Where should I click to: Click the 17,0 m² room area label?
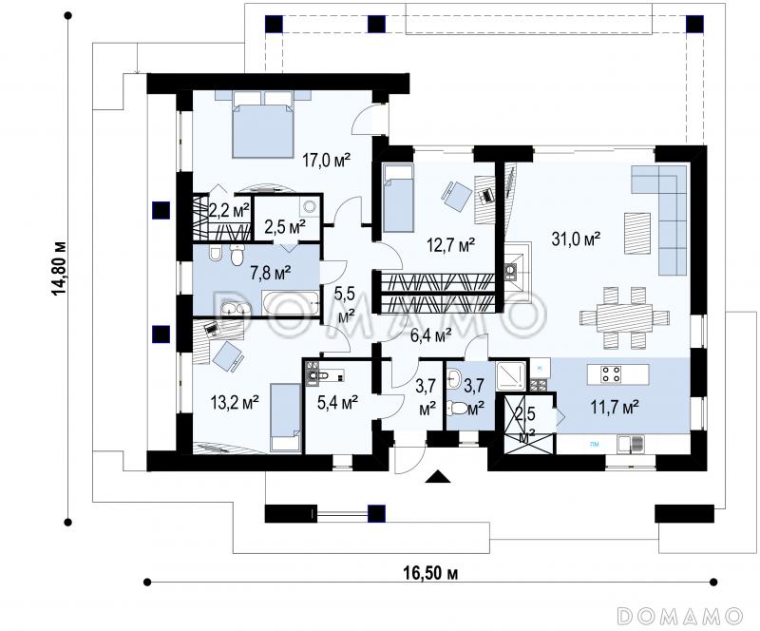pos(326,160)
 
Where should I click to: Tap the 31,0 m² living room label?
pos(577,239)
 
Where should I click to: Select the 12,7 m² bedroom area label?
pos(450,245)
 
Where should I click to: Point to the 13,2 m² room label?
pos(235,402)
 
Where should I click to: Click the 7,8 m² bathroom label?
pos(271,274)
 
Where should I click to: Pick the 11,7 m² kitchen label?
pos(614,407)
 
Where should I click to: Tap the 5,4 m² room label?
pos(337,402)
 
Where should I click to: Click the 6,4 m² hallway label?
pos(431,335)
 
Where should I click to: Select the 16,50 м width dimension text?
pos(430,573)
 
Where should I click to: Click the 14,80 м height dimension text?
pos(58,268)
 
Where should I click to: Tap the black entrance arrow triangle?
pos(439,477)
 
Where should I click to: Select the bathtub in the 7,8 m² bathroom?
pos(291,302)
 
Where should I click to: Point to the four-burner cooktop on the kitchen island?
pos(611,374)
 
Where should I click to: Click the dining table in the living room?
pos(625,317)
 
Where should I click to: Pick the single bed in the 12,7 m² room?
pos(398,198)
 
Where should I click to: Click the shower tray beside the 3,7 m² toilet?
pos(511,375)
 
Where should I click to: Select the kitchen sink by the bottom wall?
pos(631,443)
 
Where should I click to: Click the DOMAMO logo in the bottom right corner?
pos(680,616)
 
